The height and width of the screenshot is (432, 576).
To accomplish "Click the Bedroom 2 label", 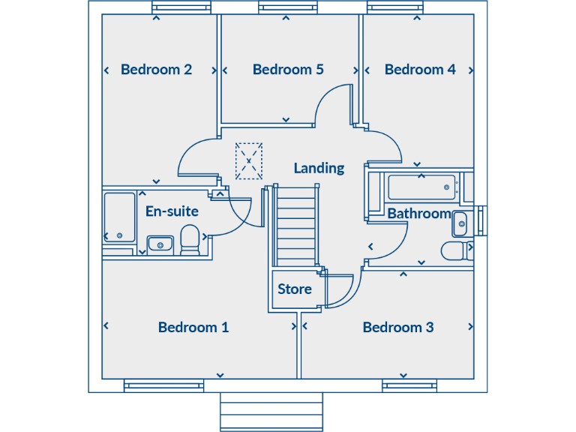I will pyautogui.click(x=156, y=70).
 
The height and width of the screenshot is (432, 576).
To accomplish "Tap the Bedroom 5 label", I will pyautogui.click(x=288, y=70).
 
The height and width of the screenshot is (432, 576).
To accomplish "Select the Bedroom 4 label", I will pyautogui.click(x=420, y=70).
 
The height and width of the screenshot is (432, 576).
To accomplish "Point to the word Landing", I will pyautogui.click(x=319, y=168).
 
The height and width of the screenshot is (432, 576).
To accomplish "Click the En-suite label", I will pyautogui.click(x=172, y=211).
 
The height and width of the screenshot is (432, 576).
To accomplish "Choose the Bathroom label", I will pyautogui.click(x=419, y=214).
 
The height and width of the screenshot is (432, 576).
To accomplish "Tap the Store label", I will pyautogui.click(x=295, y=289).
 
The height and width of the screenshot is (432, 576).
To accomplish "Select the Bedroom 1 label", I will pyautogui.click(x=193, y=328).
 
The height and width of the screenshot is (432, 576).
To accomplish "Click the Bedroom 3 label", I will pyautogui.click(x=398, y=328).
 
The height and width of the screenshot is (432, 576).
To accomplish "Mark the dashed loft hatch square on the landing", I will pyautogui.click(x=249, y=161).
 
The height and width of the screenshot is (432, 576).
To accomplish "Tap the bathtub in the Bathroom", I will pyautogui.click(x=421, y=187).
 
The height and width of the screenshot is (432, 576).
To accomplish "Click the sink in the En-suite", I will pyautogui.click(x=160, y=244).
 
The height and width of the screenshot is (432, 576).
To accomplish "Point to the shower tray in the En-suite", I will pyautogui.click(x=119, y=217).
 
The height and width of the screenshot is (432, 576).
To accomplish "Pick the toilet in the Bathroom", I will pyautogui.click(x=456, y=250).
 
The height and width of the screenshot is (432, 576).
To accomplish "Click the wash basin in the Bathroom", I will pyautogui.click(x=460, y=222).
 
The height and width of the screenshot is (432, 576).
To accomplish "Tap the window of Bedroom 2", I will pyautogui.click(x=178, y=7).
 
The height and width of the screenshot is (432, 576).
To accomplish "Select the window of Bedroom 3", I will pyautogui.click(x=409, y=386).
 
